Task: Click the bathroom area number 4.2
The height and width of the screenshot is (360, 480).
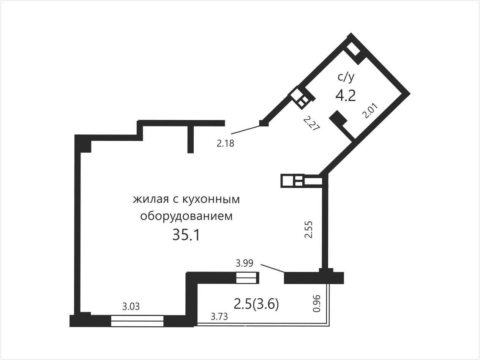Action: click(346, 96)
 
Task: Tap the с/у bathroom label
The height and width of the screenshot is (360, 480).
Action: click(346, 77)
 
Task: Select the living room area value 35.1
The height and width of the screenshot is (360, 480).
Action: click(186, 235)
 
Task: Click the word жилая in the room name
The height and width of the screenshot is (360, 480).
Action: click(151, 199)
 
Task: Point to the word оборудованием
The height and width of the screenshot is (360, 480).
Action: click(186, 216)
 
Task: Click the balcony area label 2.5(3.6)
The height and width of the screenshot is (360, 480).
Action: click(256, 304)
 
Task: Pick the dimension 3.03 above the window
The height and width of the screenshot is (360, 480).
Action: click(131, 306)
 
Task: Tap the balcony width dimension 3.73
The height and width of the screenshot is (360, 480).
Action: click(219, 316)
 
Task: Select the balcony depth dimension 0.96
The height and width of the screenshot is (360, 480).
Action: click(316, 303)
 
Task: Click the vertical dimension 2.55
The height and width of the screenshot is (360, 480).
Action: click(309, 229)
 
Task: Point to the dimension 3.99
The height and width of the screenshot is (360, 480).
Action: click(244, 263)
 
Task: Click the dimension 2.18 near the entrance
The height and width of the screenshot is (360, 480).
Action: click(226, 144)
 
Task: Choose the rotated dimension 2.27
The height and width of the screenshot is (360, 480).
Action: click(312, 123)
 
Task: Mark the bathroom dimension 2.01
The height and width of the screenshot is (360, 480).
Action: click(370, 111)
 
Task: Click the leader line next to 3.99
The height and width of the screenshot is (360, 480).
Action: click(273, 268)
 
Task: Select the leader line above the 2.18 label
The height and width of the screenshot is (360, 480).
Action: click(246, 129)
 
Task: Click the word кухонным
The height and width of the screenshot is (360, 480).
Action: click(211, 199)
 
